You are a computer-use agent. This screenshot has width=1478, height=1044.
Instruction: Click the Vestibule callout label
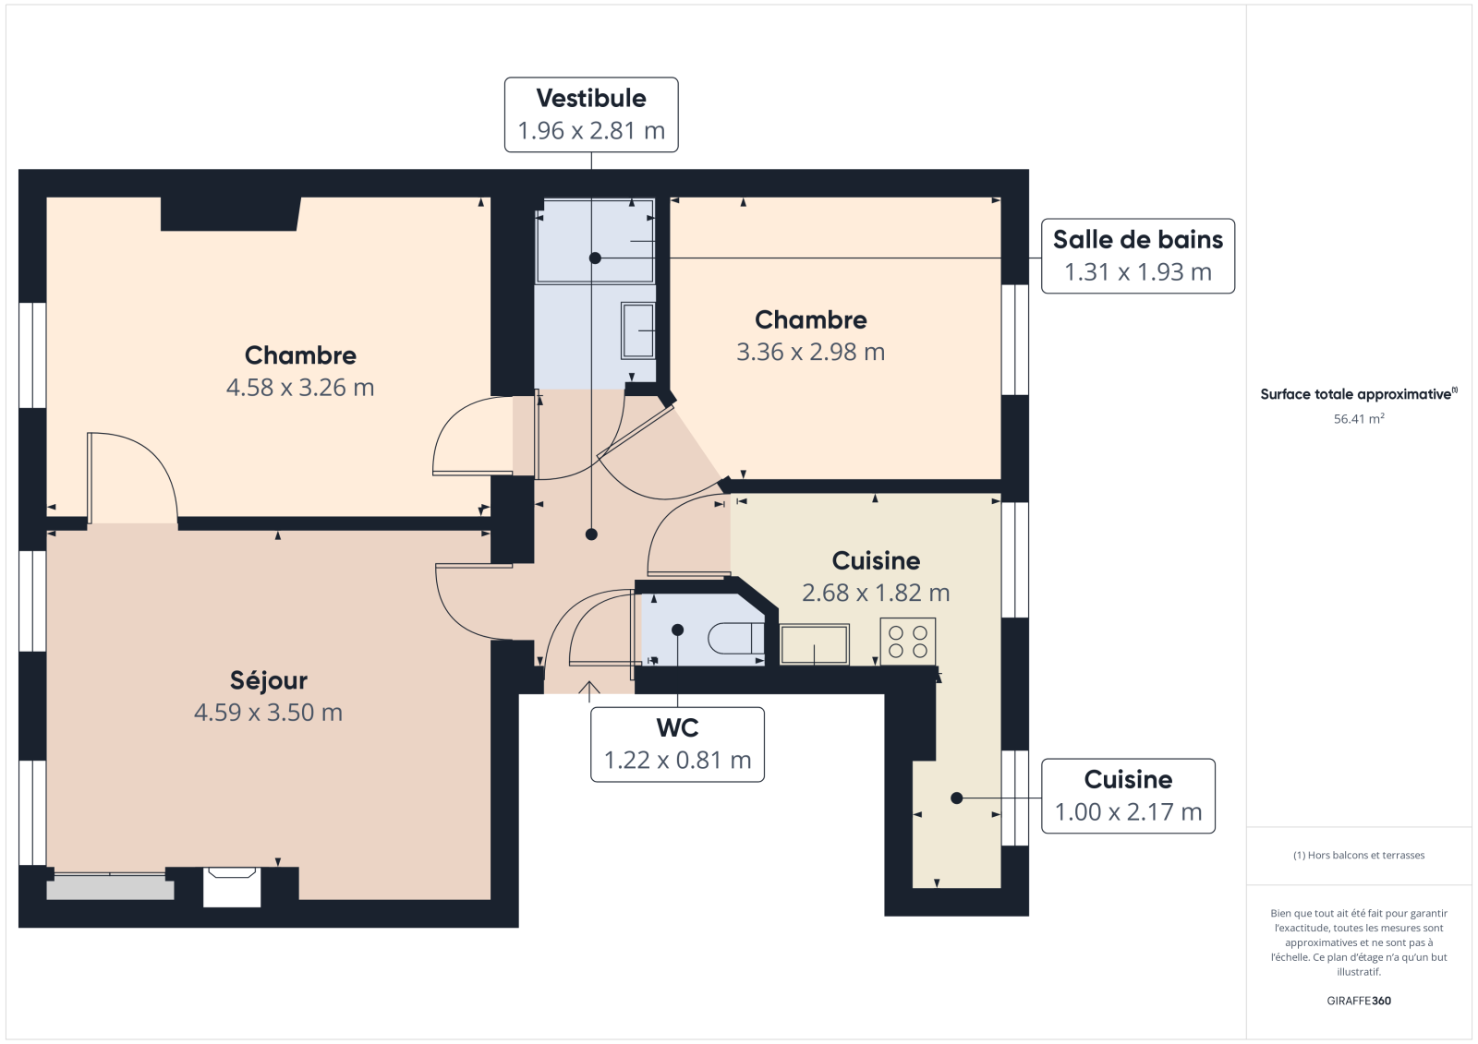pyautogui.click(x=591, y=114)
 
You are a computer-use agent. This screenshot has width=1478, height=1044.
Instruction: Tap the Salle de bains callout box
pyautogui.click(x=1137, y=256)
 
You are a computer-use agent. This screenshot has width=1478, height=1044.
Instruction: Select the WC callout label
pyautogui.click(x=677, y=745)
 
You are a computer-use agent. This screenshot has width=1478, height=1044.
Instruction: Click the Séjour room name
pyautogui.click(x=269, y=680)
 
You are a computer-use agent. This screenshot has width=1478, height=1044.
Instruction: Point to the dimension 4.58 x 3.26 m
pyautogui.click(x=300, y=387)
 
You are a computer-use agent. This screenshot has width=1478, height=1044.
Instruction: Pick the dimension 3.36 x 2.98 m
pyautogui.click(x=810, y=352)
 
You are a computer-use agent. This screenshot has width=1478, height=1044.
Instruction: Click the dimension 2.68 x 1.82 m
pyautogui.click(x=876, y=593)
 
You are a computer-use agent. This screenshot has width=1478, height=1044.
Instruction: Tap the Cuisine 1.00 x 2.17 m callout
pyautogui.click(x=1128, y=796)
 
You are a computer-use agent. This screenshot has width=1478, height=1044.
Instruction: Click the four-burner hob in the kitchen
pyautogui.click(x=907, y=641)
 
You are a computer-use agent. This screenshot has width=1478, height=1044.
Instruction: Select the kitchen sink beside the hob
pyautogui.click(x=814, y=643)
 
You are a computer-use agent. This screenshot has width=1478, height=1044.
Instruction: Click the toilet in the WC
pyautogui.click(x=736, y=639)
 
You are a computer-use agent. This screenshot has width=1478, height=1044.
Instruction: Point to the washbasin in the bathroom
pyautogui.click(x=638, y=330)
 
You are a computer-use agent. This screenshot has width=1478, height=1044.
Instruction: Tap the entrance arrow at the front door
pyautogui.click(x=589, y=691)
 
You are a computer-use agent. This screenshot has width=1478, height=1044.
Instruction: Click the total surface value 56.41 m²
pyautogui.click(x=1359, y=419)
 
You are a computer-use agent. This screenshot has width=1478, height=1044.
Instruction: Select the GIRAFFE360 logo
pyautogui.click(x=1359, y=1001)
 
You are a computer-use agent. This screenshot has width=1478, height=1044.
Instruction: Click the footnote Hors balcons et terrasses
pyautogui.click(x=1359, y=856)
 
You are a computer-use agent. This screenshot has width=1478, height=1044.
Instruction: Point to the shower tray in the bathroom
pyautogui.click(x=595, y=241)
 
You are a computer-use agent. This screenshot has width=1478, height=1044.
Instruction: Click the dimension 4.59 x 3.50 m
pyautogui.click(x=269, y=713)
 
